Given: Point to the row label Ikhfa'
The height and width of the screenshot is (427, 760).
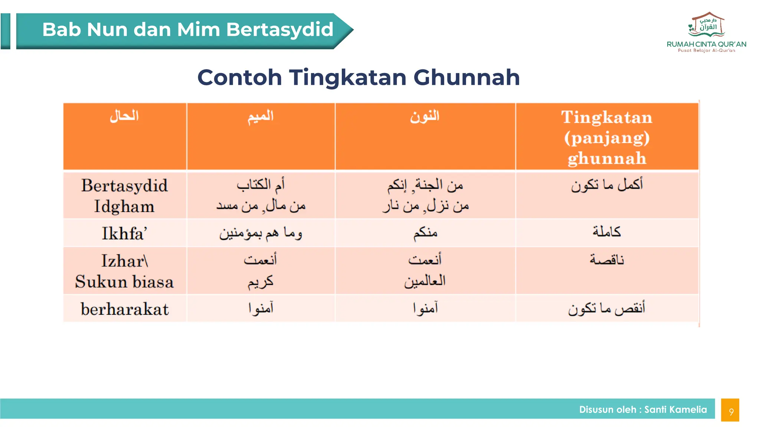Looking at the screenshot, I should click(124, 234).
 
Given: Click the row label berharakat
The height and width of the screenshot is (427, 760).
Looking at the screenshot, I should click(124, 309).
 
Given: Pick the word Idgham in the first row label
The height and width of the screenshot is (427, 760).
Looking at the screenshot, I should click(124, 206).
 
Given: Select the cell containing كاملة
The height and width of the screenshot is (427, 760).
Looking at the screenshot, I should click(607, 232).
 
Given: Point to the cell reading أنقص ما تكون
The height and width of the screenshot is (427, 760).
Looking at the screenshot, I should click(607, 308).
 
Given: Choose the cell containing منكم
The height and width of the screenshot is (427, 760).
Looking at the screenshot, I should click(425, 233).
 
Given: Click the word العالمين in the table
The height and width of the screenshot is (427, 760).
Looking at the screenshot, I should click(425, 281).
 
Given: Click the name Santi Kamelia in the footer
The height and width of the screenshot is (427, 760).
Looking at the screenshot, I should click(675, 410).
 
